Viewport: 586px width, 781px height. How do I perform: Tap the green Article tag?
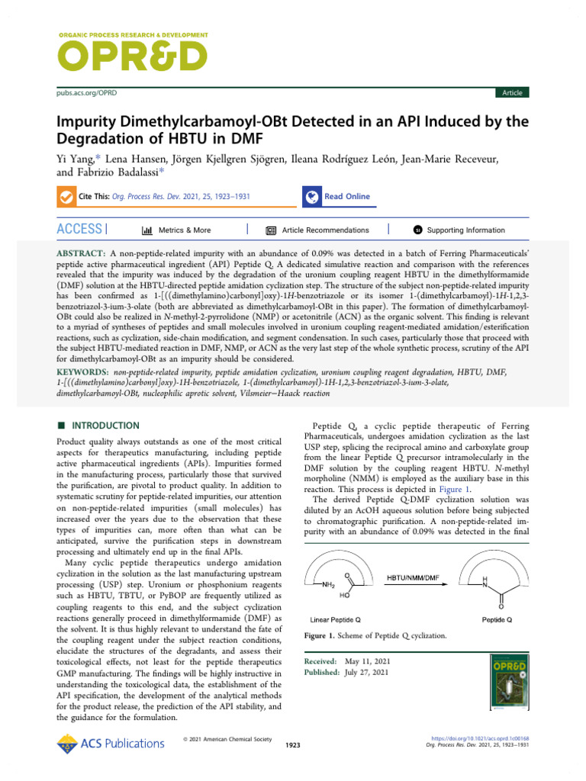point(512,93)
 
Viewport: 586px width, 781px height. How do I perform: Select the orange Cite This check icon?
point(66,197)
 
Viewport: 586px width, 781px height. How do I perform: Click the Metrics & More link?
point(177,230)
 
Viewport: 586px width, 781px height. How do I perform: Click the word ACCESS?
point(79,229)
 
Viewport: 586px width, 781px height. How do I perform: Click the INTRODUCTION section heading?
point(103,426)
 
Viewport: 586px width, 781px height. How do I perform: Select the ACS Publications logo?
point(110,743)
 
